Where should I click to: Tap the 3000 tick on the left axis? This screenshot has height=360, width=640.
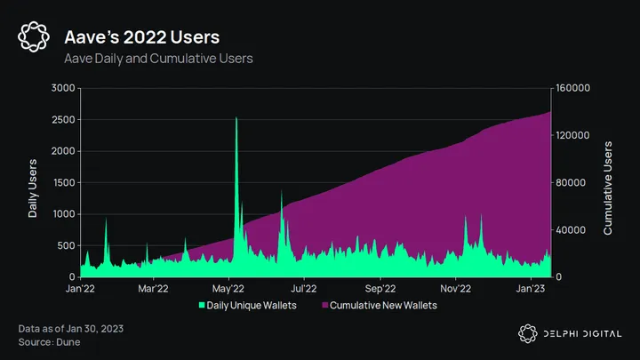coord(62,88)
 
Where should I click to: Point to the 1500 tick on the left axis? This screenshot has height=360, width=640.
coord(62,182)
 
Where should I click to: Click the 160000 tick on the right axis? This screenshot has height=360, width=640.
coord(572,88)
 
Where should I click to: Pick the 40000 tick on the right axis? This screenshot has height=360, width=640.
coord(570,229)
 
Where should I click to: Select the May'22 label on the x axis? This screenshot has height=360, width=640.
coord(229,288)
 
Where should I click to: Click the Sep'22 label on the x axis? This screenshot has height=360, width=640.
coord(380,288)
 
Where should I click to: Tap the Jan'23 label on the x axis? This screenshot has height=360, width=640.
coord(532,288)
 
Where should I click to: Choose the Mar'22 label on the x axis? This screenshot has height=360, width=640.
coord(154,288)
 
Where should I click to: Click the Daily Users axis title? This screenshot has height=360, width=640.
coord(33,182)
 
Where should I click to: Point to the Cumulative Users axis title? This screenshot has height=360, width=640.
coord(608,182)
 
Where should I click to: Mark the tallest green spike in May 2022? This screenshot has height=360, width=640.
coord(236,119)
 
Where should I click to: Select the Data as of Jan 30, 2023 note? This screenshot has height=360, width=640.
coord(71,329)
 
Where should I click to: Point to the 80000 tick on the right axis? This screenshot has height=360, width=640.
coord(570,182)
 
